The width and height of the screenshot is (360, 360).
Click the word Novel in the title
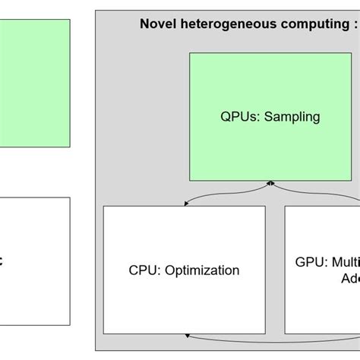tap(156, 24)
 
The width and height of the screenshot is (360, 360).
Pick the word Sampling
tap(292, 117)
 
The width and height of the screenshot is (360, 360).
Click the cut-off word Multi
tap(346, 262)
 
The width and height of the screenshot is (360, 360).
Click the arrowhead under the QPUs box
tap(270, 184)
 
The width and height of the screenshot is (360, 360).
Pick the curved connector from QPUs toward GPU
tap(311, 194)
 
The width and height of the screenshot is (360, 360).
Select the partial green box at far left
tap(34, 84)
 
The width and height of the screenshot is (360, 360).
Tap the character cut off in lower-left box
tap(2, 261)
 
